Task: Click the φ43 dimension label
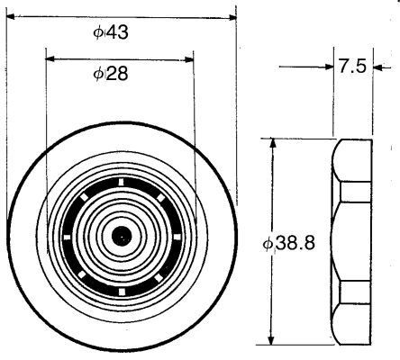point(111,32)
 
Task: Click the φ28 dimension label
point(111,73)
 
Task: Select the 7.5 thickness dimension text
point(353,67)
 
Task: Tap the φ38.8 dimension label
point(289,243)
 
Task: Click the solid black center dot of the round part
point(122,236)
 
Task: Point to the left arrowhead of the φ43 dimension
point(11,17)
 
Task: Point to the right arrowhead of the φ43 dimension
point(232,17)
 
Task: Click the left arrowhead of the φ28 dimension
point(50,58)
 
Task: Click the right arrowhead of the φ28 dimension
point(188,59)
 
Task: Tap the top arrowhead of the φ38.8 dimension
point(273,143)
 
